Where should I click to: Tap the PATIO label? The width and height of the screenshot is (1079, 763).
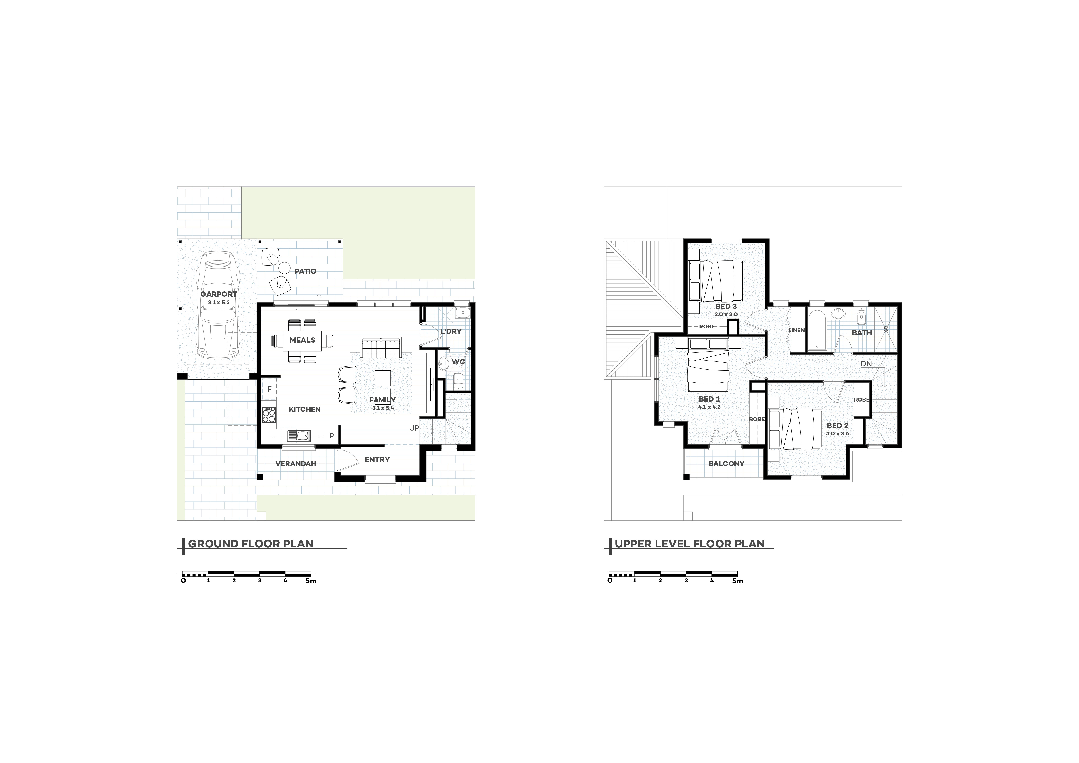point(305,271)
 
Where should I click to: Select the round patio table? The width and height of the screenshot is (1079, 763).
point(284,268)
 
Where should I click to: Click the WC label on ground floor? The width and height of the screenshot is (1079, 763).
point(458,362)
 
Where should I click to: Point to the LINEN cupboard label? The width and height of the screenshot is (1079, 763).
point(796,330)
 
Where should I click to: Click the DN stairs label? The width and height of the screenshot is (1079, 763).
point(866,364)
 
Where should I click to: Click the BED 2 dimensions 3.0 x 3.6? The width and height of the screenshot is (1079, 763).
point(837,434)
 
